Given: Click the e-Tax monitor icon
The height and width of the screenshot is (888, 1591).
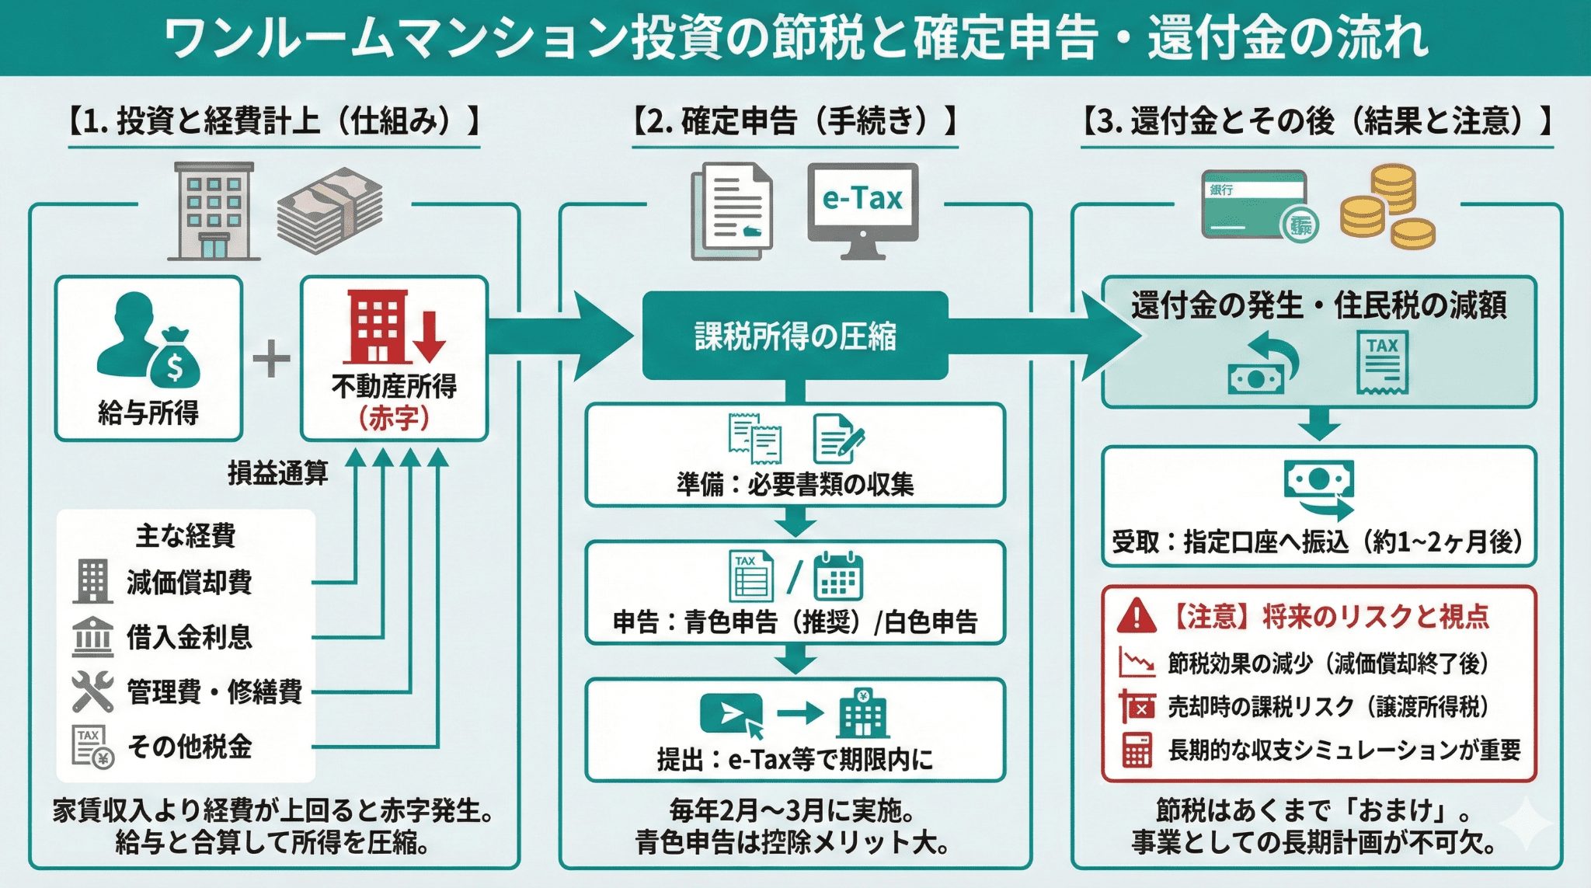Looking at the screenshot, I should pyautogui.click(x=862, y=207).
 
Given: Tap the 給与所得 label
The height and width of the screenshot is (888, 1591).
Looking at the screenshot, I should pyautogui.click(x=148, y=412).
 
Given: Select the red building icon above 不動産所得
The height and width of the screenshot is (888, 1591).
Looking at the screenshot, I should pyautogui.click(x=377, y=326).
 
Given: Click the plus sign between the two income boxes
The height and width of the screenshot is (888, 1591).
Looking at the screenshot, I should pyautogui.click(x=271, y=360).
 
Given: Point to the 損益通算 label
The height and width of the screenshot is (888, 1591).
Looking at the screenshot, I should pyautogui.click(x=277, y=472).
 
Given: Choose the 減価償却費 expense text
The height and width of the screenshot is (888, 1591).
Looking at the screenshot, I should pyautogui.click(x=190, y=582).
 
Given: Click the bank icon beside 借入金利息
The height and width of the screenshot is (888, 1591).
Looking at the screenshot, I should pyautogui.click(x=92, y=637).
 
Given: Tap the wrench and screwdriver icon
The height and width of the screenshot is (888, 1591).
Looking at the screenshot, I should pyautogui.click(x=92, y=691).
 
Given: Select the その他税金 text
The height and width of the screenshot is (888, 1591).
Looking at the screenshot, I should pyautogui.click(x=190, y=747).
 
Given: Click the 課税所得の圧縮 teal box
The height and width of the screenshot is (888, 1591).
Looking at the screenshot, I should pyautogui.click(x=795, y=336).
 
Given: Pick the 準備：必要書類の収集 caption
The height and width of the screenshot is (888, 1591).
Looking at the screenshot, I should pyautogui.click(x=795, y=485).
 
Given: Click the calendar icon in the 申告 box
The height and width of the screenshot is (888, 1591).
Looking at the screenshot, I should pyautogui.click(x=837, y=576).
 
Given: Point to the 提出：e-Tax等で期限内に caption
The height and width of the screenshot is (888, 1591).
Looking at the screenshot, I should pyautogui.click(x=795, y=759).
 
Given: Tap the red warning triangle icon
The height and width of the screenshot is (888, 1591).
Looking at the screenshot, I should pyautogui.click(x=1137, y=616).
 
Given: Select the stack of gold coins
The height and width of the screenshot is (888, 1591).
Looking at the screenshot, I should pyautogui.click(x=1387, y=206).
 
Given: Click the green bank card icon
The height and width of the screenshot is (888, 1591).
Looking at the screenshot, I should pyautogui.click(x=1254, y=204).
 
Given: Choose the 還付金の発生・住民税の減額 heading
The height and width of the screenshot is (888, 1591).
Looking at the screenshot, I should pyautogui.click(x=1318, y=305).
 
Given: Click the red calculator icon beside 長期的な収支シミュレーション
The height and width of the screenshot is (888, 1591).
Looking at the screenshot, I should pyautogui.click(x=1137, y=750).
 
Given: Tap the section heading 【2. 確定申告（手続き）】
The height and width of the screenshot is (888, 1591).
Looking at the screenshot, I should pyautogui.click(x=795, y=122).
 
